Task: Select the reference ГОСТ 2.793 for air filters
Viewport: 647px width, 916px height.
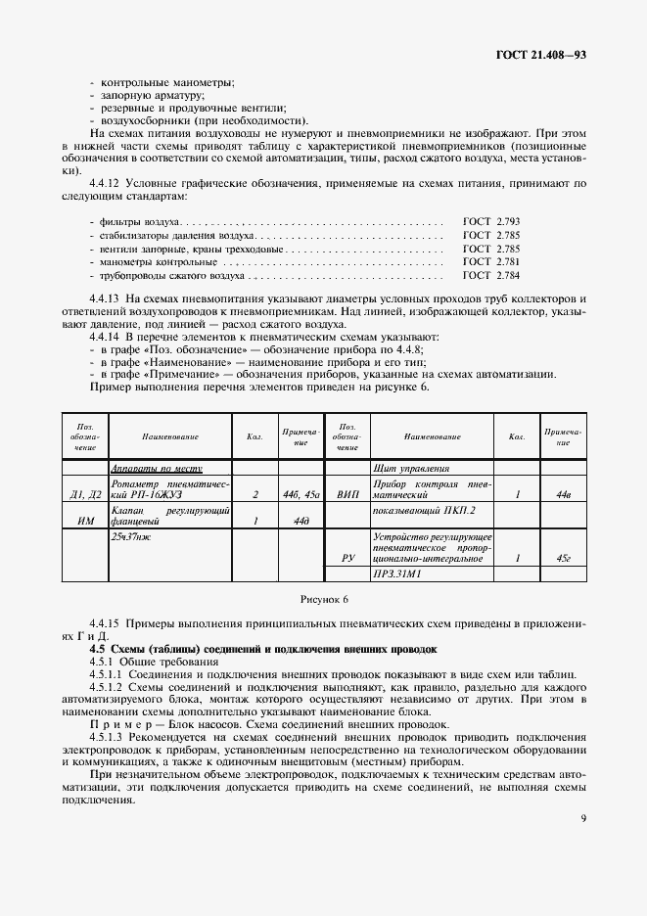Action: point(491,223)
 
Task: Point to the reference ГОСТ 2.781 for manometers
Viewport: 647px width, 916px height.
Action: point(491,262)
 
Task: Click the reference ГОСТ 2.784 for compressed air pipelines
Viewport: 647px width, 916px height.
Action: point(491,276)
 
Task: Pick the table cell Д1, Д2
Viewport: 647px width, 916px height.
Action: point(85,495)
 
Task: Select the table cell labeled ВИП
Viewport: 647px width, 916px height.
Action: point(347,495)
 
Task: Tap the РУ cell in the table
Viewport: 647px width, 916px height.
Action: point(347,558)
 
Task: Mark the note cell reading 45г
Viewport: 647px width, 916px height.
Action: point(563,558)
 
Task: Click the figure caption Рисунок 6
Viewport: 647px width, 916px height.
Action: point(323,597)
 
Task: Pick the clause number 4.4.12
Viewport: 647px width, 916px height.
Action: point(107,183)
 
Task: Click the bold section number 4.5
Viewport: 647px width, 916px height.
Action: point(97,649)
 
